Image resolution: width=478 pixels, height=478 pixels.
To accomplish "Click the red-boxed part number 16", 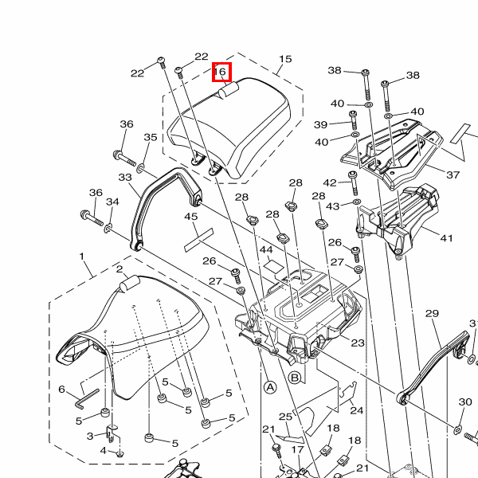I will click(x=221, y=72).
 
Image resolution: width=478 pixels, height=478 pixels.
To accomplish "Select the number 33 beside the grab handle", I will click(x=125, y=177).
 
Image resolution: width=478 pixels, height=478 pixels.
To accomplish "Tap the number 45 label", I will click(x=191, y=217).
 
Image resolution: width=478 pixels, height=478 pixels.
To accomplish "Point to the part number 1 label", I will click(x=82, y=257).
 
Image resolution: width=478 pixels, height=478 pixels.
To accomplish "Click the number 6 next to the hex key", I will click(x=61, y=390).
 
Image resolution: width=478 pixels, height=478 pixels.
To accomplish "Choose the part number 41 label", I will click(x=446, y=237).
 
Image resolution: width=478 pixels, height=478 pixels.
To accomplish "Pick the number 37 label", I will click(x=453, y=174).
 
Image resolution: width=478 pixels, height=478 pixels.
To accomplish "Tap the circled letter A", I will click(x=269, y=387).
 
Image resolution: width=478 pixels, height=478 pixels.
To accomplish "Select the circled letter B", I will click(x=294, y=378).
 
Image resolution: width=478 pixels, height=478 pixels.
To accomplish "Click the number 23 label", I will click(x=357, y=343).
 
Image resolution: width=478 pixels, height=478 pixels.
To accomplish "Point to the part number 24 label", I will click(x=356, y=411).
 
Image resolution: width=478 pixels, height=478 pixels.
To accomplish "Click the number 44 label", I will click(x=266, y=250).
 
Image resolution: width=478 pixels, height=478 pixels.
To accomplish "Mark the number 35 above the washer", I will click(x=151, y=138).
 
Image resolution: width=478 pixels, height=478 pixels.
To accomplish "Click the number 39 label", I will click(x=320, y=124).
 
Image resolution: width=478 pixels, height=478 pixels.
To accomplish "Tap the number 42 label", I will click(x=330, y=183).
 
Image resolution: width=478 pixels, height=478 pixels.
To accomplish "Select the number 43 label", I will click(x=332, y=206).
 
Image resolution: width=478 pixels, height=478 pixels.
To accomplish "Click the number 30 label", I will click(x=465, y=402).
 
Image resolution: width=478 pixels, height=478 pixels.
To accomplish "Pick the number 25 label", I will click(x=285, y=417).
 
